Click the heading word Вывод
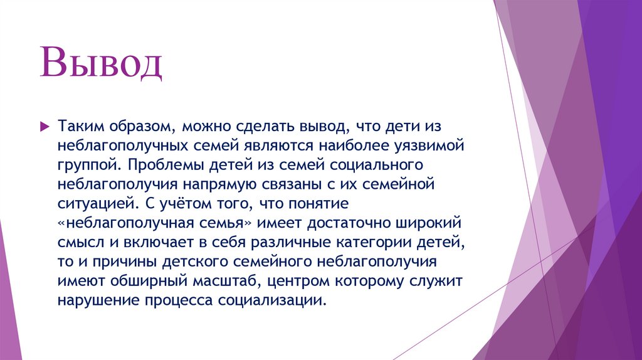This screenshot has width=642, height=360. pos(102,66)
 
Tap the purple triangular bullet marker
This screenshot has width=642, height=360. pos(44,127)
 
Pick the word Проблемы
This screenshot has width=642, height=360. pos(155,166)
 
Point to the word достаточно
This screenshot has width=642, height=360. pos(350,224)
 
